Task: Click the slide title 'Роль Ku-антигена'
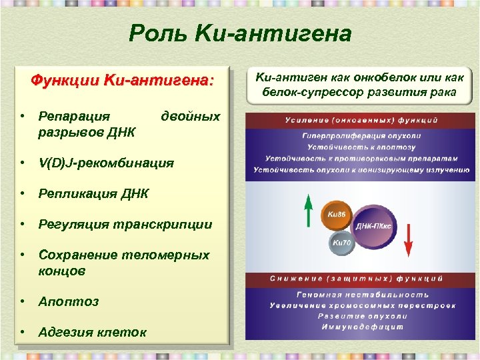240,33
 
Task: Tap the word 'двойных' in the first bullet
191,116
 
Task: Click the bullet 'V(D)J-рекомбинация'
106,163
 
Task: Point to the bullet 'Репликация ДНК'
93,193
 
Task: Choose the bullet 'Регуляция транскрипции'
125,224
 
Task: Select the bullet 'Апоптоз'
69,301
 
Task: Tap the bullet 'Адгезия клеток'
93,332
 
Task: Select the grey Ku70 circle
341,244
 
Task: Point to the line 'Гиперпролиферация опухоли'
362,136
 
